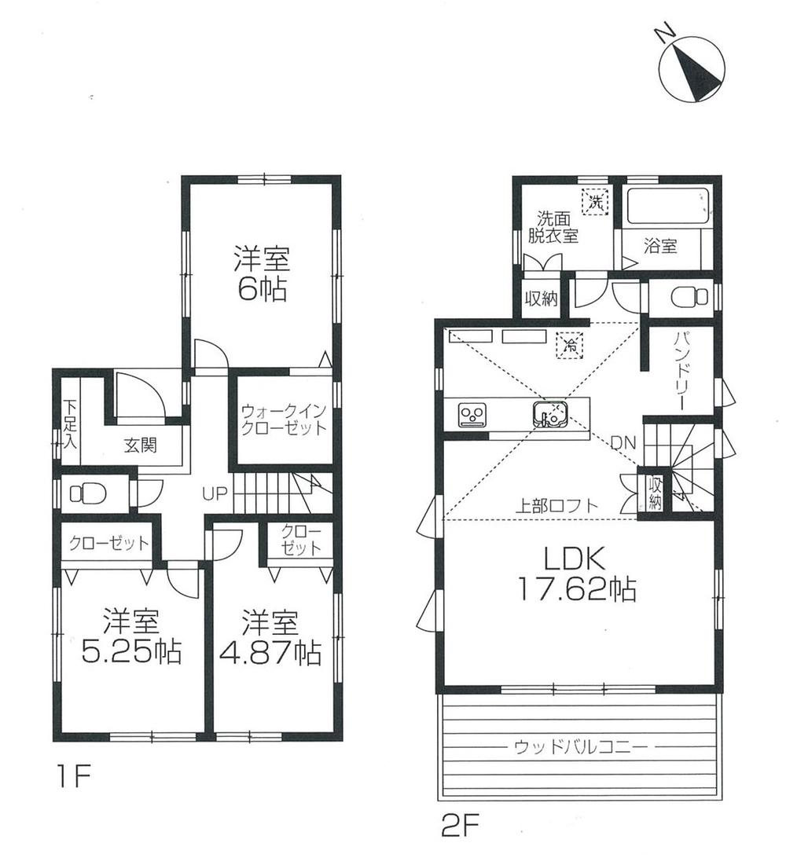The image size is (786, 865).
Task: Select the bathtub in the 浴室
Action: tap(668, 206)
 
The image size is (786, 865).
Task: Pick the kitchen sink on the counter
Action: tap(549, 413)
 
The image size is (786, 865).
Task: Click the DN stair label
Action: tap(625, 444)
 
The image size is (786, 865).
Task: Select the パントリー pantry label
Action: tap(681, 371)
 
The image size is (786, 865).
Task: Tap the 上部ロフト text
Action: tap(556, 506)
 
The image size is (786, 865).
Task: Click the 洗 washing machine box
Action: tap(595, 201)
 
